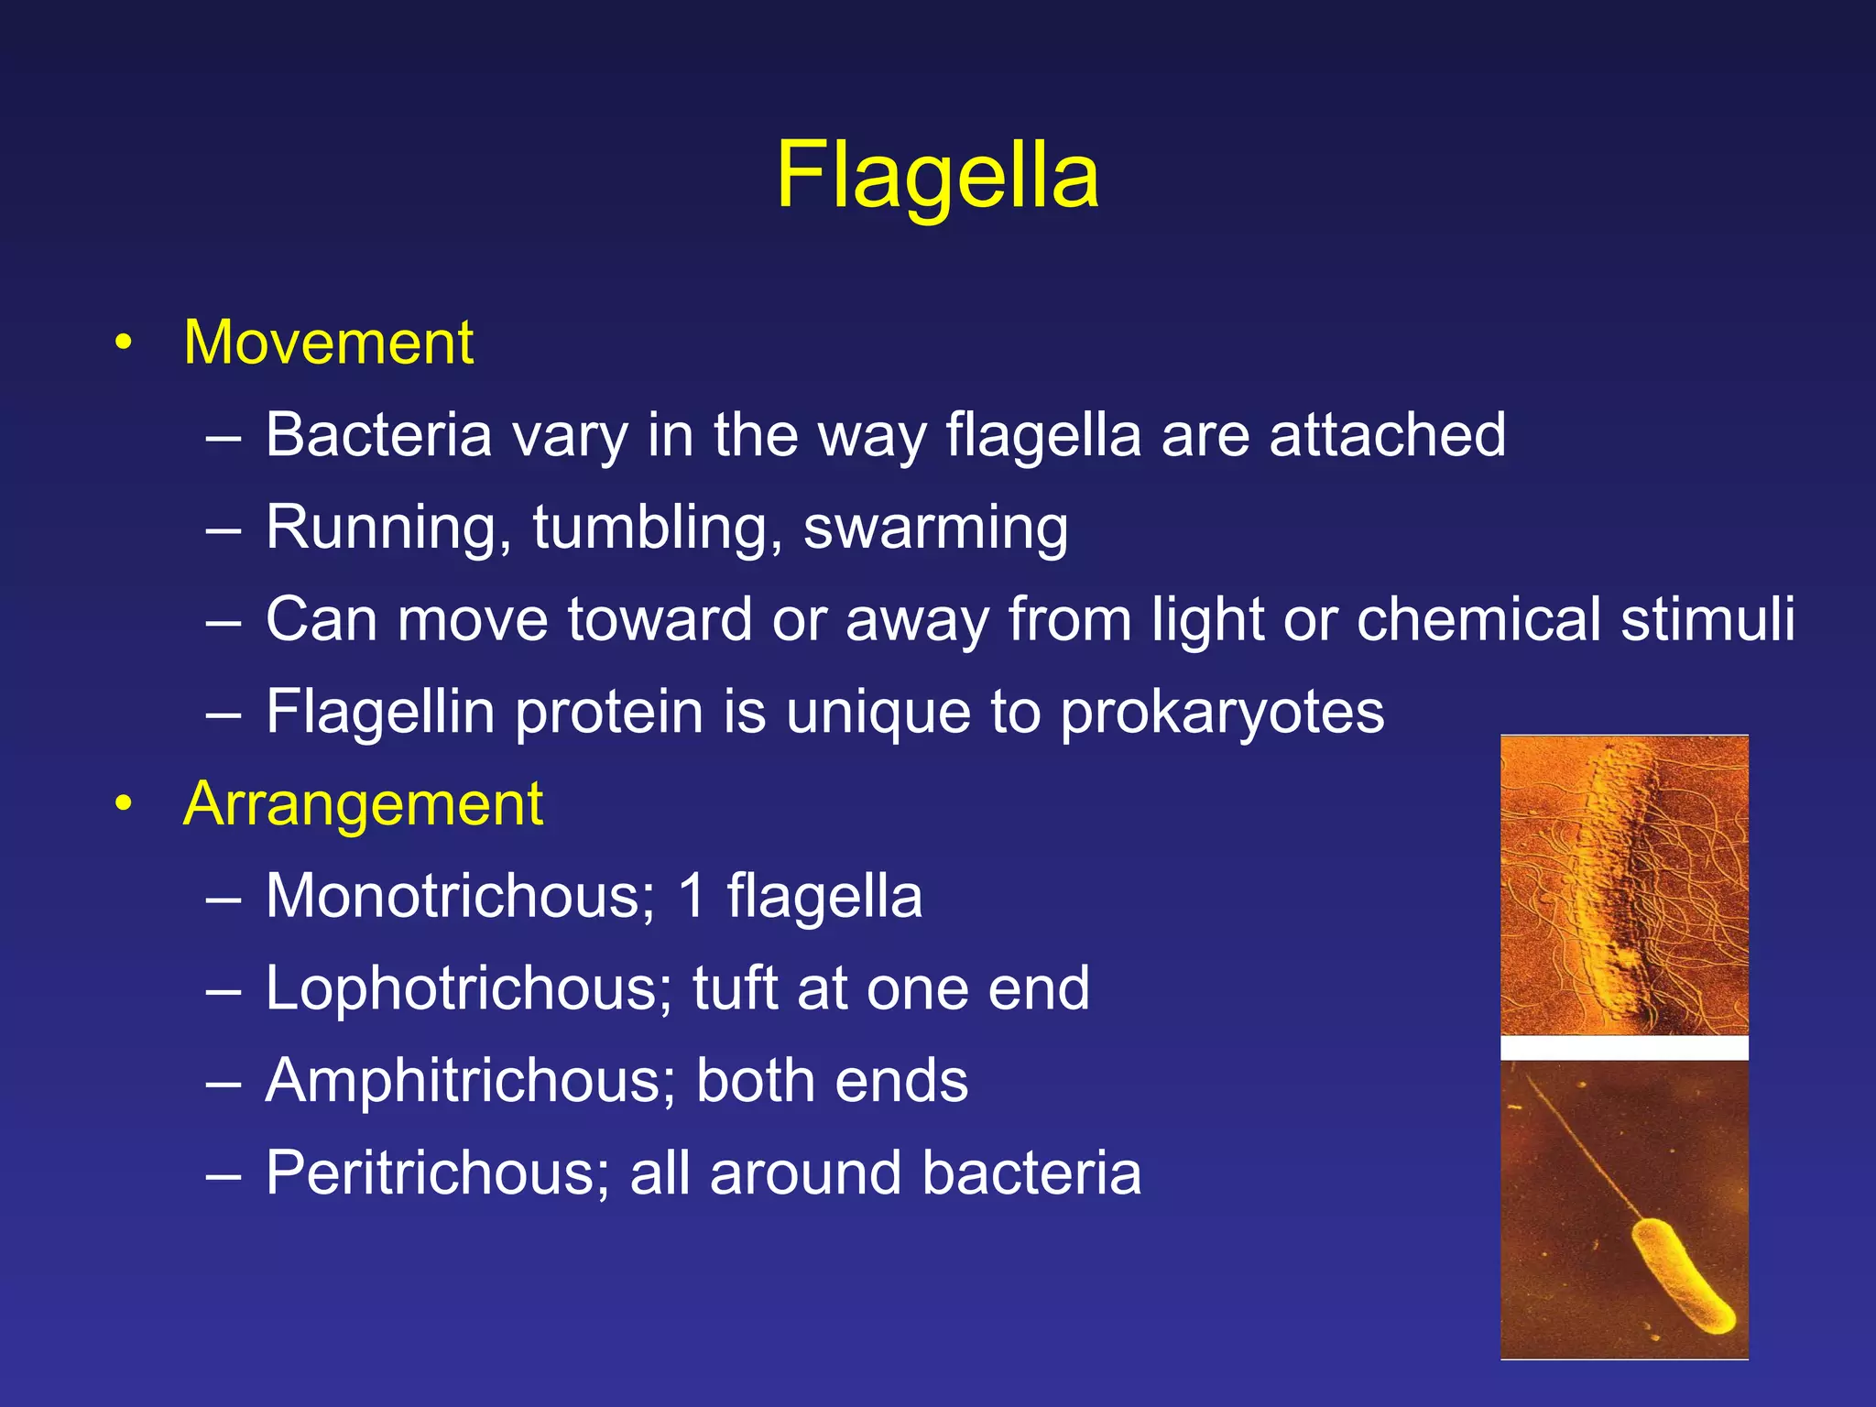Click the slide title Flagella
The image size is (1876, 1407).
[937, 176]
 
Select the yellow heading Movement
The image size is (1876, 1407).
[328, 343]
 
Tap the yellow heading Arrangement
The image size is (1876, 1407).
[363, 804]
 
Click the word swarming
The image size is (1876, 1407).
[935, 529]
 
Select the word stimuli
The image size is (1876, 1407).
[1707, 619]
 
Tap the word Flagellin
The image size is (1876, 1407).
[380, 712]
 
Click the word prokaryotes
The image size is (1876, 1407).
[1222, 714]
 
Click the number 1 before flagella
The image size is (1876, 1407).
[693, 896]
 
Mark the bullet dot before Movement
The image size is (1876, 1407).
[124, 344]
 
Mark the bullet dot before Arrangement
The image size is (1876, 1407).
[124, 805]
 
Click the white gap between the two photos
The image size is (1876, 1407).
[1624, 1048]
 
